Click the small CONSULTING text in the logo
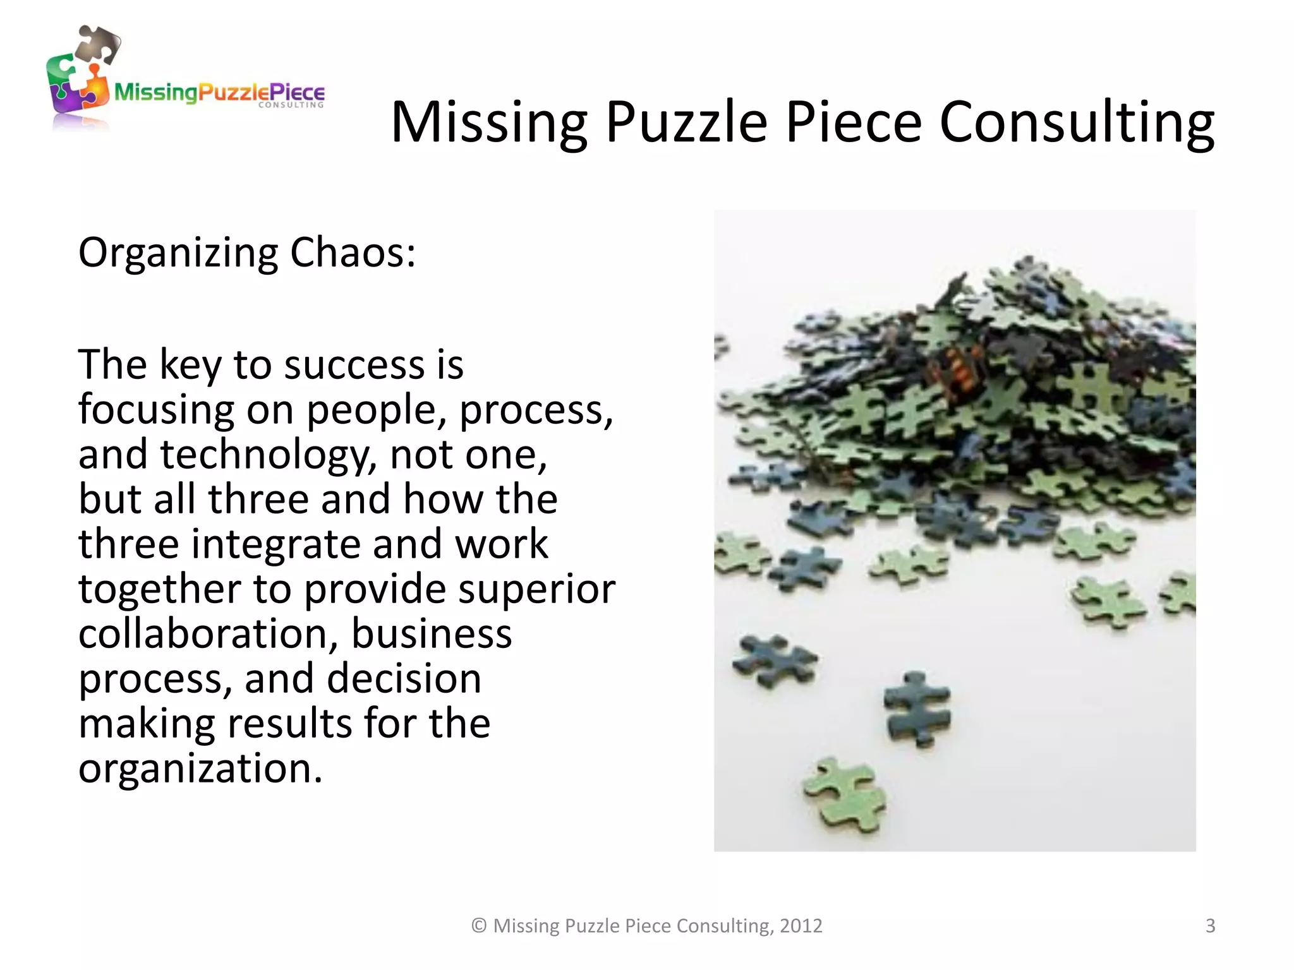(291, 105)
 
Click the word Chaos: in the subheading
(353, 253)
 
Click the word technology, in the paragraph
(269, 455)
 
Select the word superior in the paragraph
(536, 590)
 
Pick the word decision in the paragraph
(404, 679)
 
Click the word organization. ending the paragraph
(200, 769)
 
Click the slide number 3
(1210, 926)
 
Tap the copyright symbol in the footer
(480, 926)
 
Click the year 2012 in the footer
(801, 926)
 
